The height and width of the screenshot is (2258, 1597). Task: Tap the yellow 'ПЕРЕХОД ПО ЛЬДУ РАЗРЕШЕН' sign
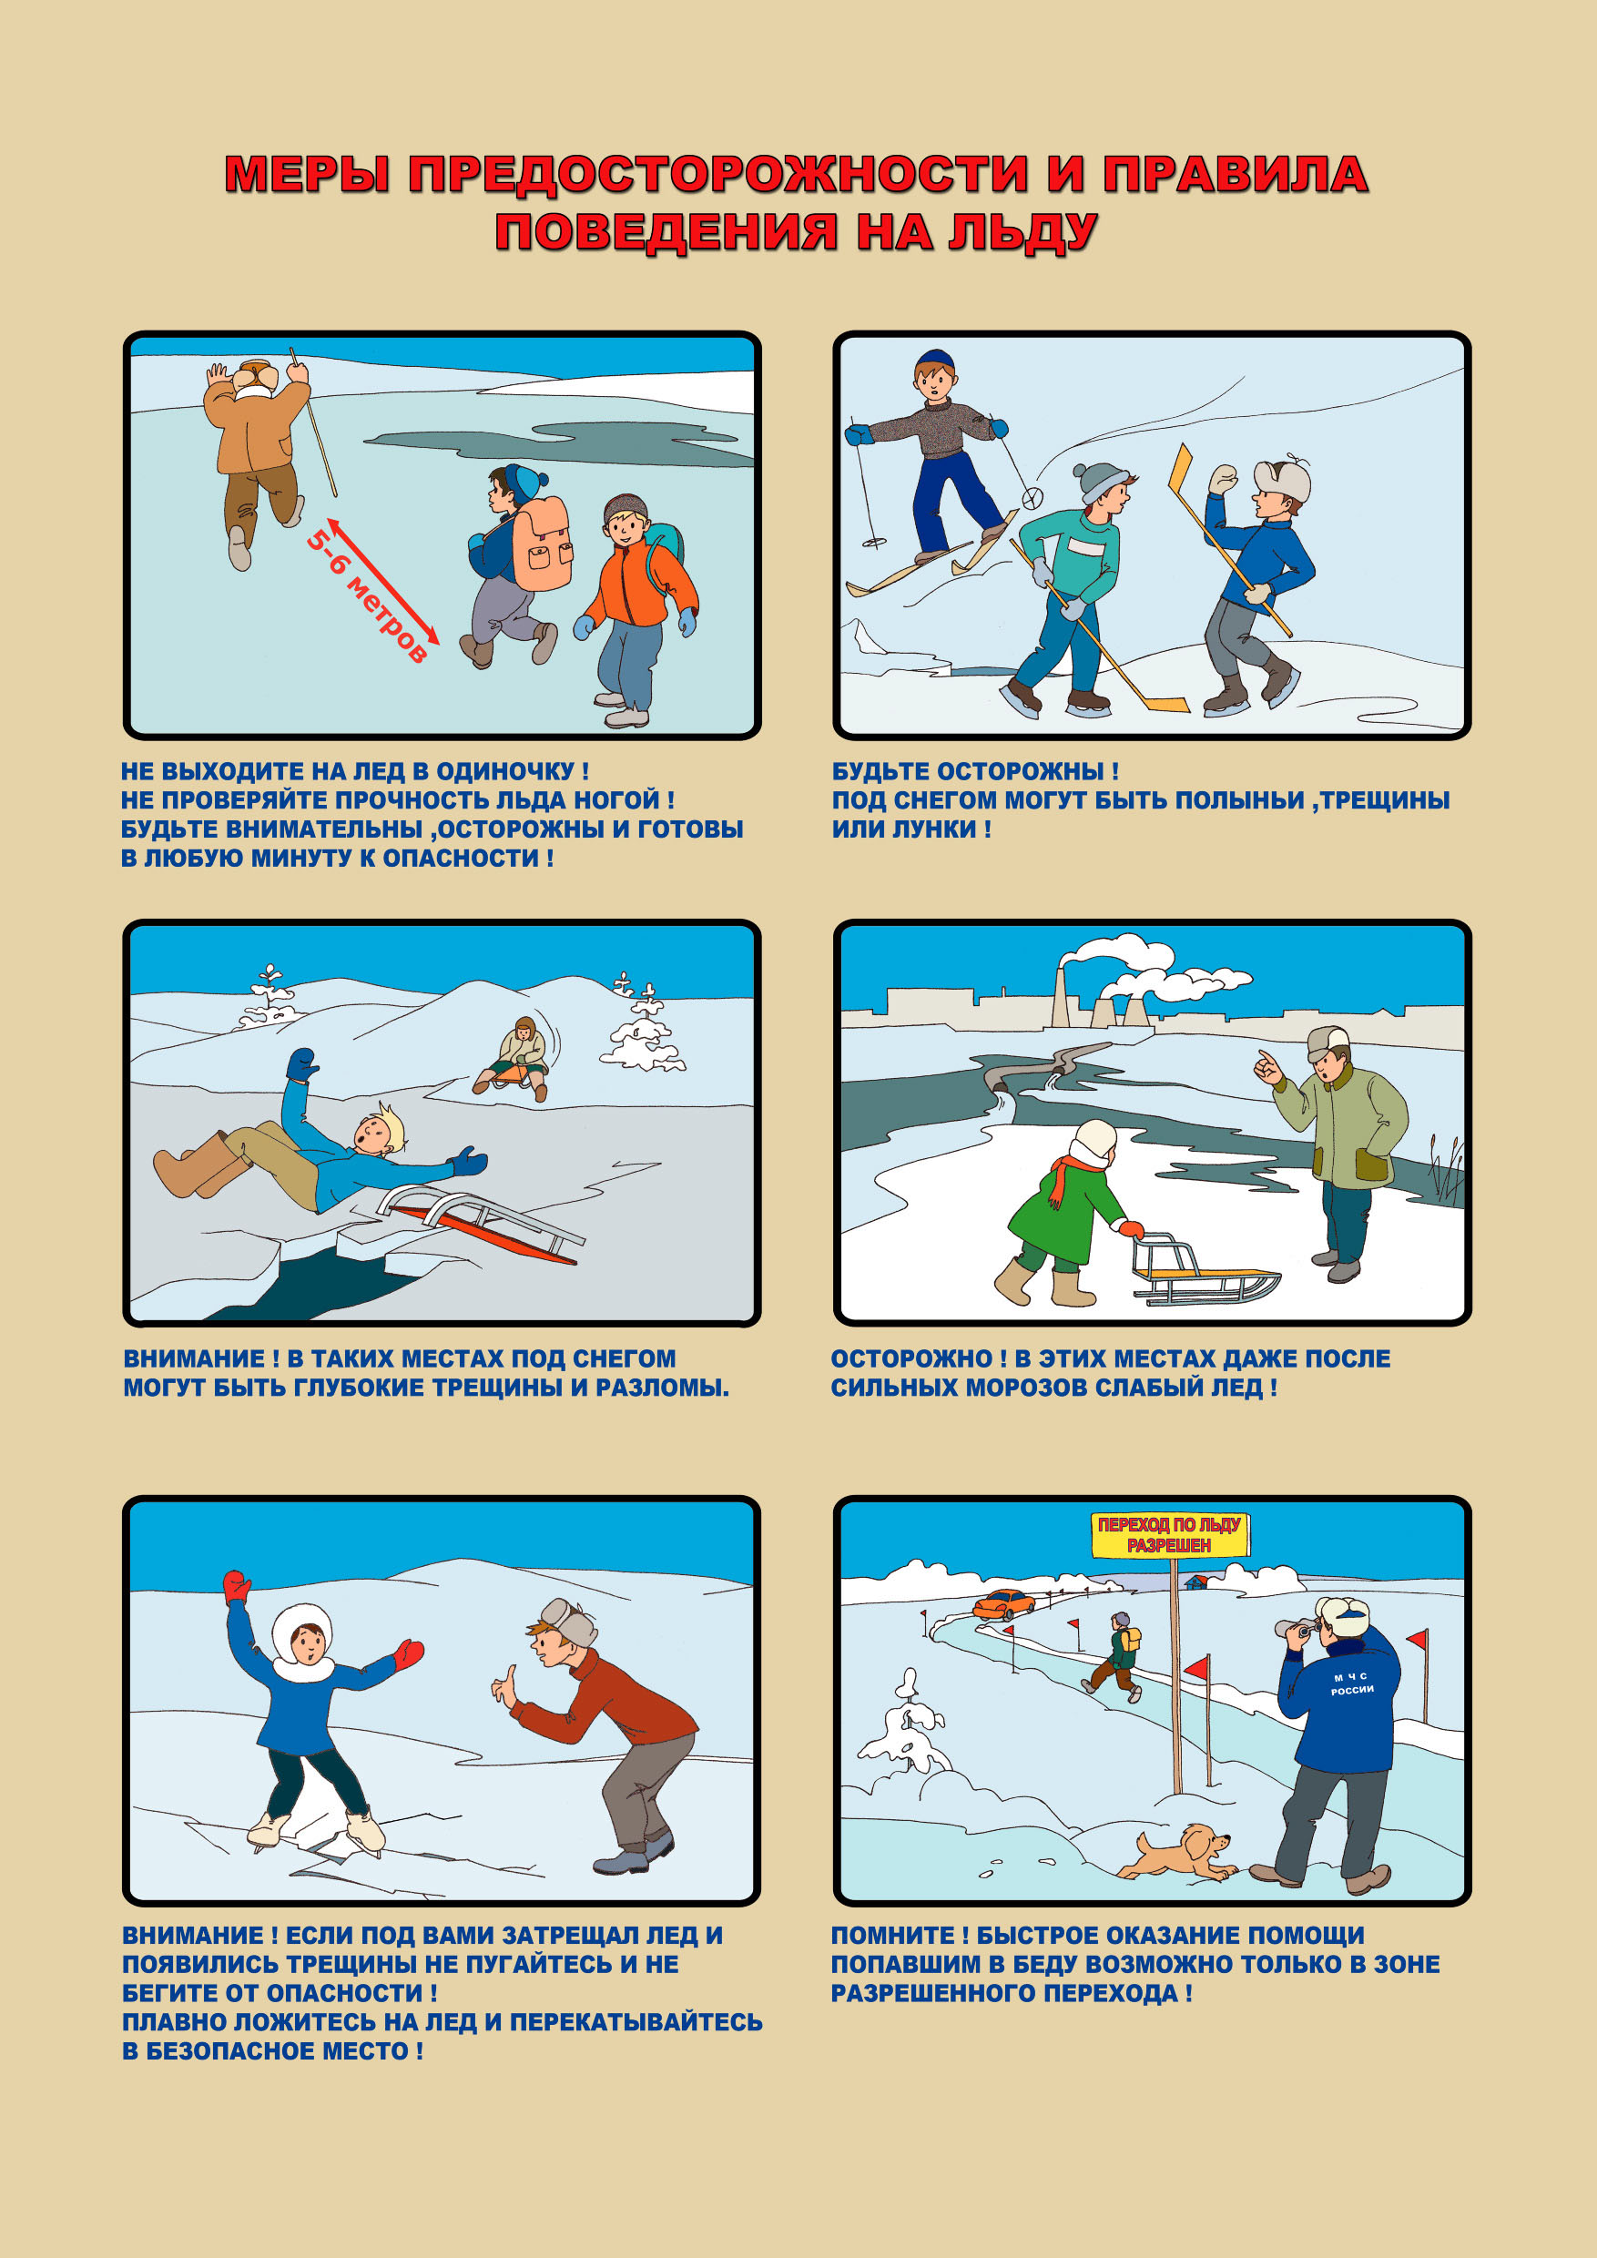(1169, 1535)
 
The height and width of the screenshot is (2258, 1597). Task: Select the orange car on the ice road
(1004, 1603)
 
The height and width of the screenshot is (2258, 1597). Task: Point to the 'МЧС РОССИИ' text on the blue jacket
(1352, 1683)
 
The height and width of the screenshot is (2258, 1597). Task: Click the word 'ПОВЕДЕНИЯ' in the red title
(666, 232)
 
